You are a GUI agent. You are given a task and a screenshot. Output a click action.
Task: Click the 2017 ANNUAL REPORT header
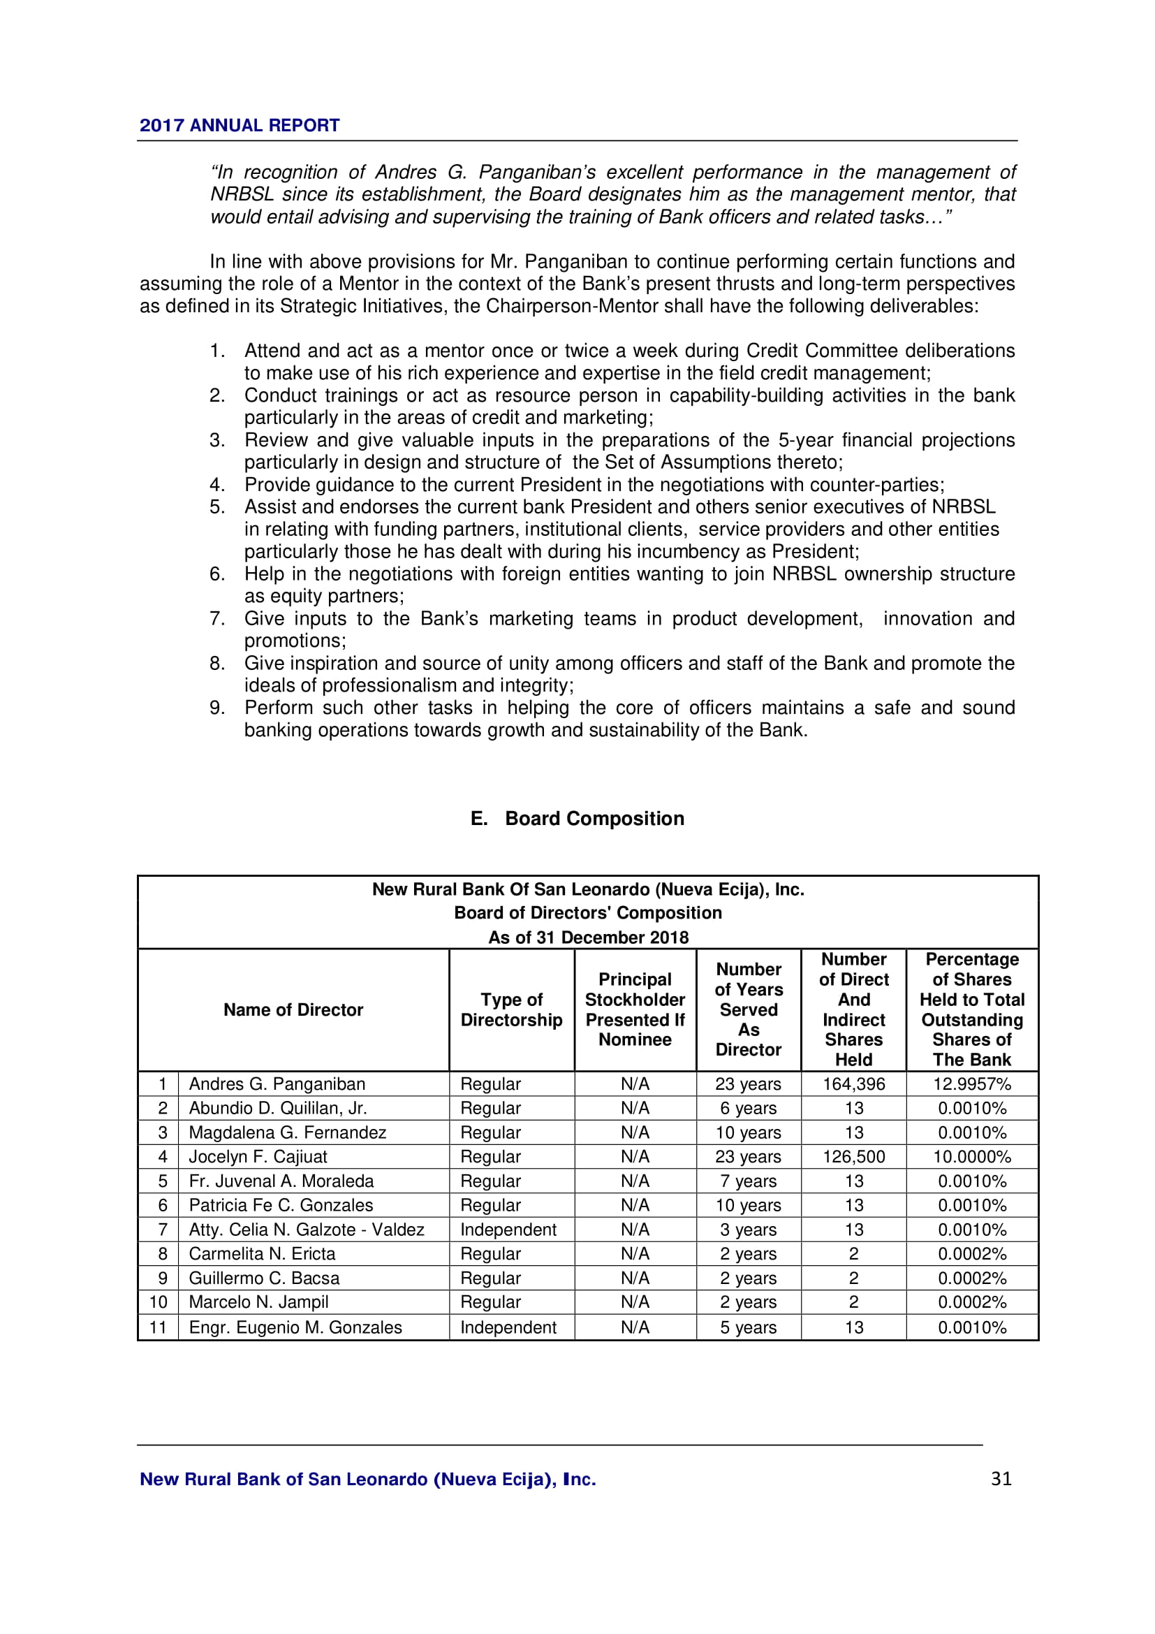[x=239, y=125]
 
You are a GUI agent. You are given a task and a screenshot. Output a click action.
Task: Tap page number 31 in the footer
[x=1001, y=1479]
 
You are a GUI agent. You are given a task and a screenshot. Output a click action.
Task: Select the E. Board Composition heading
[x=577, y=819]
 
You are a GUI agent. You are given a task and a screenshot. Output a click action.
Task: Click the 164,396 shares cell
[x=853, y=1084]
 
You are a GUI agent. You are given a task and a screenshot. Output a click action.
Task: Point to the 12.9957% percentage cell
[x=971, y=1084]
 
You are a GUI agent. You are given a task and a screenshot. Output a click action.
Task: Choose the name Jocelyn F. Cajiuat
[x=258, y=1156]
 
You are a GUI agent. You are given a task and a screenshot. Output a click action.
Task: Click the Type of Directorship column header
[x=511, y=1010]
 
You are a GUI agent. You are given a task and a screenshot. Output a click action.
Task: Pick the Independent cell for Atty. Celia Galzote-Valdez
[x=508, y=1230]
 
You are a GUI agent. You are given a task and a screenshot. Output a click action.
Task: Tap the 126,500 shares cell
[x=853, y=1156]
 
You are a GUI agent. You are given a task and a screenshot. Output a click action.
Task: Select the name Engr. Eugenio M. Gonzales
[x=295, y=1327]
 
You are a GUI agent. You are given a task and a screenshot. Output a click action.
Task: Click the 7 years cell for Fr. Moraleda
[x=748, y=1181]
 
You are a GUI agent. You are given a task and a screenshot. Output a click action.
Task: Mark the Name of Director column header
[x=293, y=1010]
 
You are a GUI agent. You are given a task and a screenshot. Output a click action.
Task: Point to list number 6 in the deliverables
[x=217, y=574]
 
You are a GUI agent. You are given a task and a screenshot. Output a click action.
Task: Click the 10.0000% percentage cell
[x=971, y=1156]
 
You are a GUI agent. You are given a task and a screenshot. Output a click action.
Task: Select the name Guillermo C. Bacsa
[x=264, y=1278]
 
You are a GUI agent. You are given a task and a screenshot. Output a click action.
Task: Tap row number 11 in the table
[x=158, y=1327]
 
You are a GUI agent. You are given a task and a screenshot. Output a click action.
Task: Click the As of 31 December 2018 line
[x=588, y=938]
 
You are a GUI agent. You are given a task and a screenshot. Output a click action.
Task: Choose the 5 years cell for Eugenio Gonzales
[x=748, y=1327]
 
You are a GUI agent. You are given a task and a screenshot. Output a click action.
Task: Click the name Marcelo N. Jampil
[x=258, y=1302]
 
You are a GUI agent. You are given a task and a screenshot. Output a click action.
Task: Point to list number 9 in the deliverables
[x=217, y=708]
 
